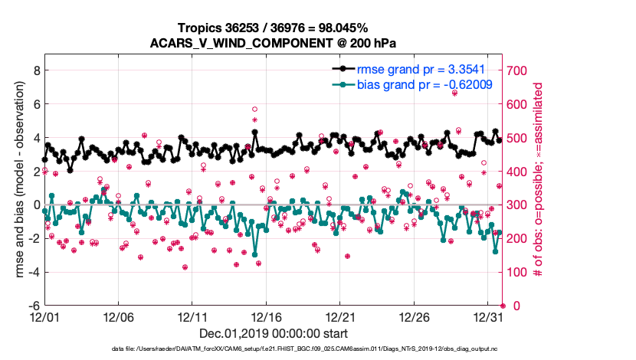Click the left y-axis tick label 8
(x=36, y=70)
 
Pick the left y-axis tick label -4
(x=34, y=272)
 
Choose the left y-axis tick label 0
(x=36, y=205)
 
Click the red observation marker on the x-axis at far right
(x=503, y=306)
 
